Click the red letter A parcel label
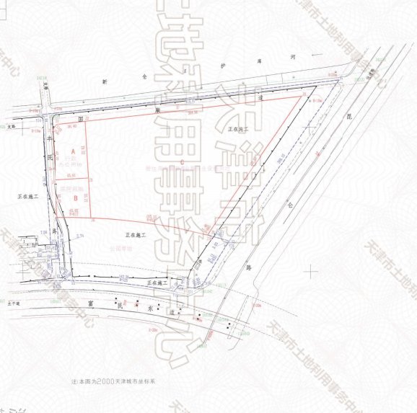(x=73, y=151)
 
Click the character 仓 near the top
(x=143, y=75)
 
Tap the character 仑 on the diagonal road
(x=294, y=204)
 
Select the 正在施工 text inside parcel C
(x=238, y=128)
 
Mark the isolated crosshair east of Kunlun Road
(x=311, y=271)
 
